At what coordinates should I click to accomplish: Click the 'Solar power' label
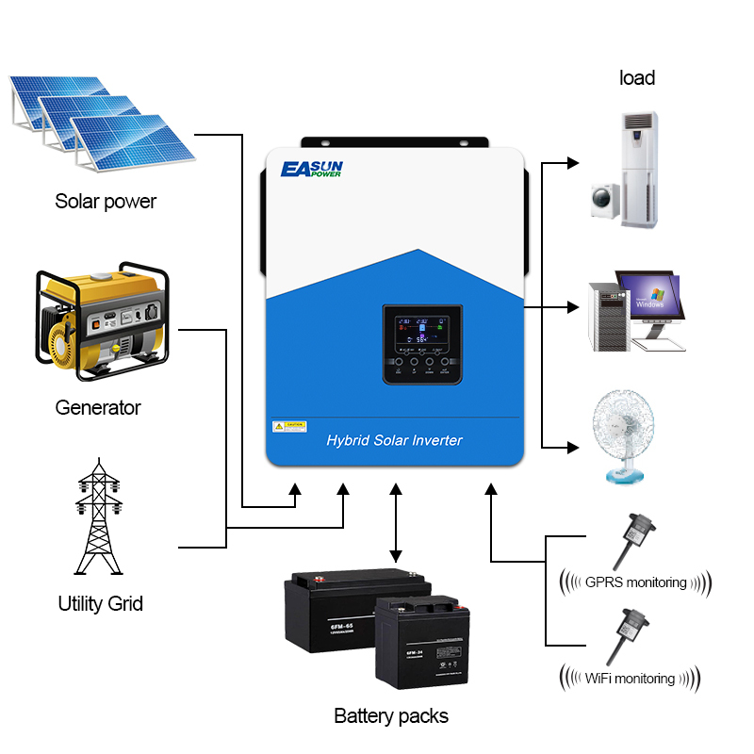[106, 201]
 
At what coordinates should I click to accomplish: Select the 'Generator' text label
[98, 408]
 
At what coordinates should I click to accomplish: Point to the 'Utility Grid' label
[101, 603]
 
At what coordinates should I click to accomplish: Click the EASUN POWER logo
[312, 170]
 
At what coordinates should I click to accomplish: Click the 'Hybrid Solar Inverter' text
[394, 440]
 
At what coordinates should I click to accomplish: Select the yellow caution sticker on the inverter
[289, 426]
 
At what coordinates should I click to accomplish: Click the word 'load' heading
[637, 78]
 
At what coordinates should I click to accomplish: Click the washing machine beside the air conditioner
[602, 202]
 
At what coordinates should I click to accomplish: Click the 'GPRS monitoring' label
[635, 582]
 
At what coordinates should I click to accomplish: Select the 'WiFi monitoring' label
[631, 679]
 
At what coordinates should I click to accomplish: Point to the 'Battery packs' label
[391, 716]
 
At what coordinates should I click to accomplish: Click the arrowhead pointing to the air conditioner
[571, 163]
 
